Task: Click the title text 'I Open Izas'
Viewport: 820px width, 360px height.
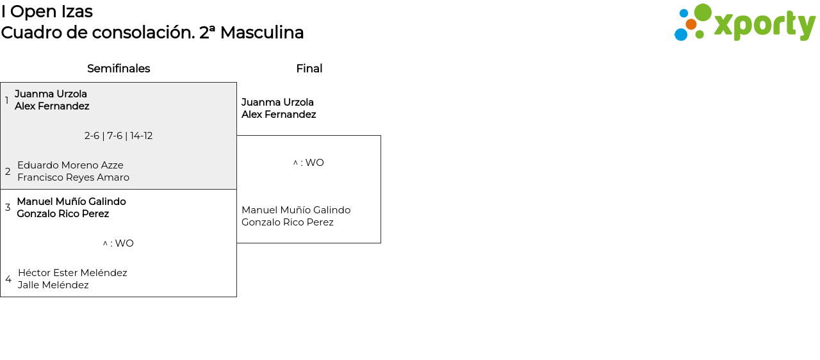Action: [x=47, y=12]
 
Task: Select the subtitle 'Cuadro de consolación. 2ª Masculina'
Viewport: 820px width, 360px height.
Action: [x=152, y=33]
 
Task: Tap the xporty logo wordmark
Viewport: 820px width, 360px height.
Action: [x=764, y=25]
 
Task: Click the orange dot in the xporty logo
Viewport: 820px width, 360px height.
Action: [x=691, y=24]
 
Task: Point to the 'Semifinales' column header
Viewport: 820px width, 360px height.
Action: [x=119, y=69]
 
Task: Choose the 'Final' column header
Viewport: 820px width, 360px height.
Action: [x=309, y=69]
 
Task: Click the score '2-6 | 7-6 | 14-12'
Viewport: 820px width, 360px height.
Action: [x=119, y=136]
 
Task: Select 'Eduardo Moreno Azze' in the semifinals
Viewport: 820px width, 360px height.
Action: [x=70, y=165]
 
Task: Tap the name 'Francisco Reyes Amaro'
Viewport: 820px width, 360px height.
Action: [x=73, y=177]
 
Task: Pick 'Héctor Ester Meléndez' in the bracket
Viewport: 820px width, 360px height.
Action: [x=72, y=273]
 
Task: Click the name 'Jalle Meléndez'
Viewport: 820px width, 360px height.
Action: [x=53, y=285]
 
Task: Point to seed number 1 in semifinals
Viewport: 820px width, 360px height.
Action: [x=7, y=101]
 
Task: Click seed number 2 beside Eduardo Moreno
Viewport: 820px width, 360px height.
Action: [x=8, y=172]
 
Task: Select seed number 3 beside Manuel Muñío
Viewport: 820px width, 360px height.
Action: [x=8, y=208]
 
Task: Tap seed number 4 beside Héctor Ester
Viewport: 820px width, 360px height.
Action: [x=8, y=279]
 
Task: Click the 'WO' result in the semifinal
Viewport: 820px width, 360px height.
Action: [x=124, y=243]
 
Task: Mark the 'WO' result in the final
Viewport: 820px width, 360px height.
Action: [x=315, y=163]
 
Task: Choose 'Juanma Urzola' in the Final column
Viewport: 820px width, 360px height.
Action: [x=277, y=102]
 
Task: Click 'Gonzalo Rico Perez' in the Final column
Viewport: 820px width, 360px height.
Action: [x=288, y=222]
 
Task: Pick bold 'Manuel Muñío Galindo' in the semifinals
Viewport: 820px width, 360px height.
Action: [x=71, y=202]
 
